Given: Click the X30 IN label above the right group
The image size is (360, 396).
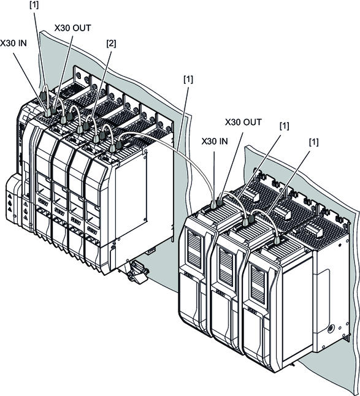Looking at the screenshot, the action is click(x=215, y=142).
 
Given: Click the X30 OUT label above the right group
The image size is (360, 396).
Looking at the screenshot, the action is click(x=243, y=122).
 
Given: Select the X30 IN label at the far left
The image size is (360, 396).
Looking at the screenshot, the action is click(x=13, y=44).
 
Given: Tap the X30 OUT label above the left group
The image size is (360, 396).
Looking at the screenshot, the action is click(x=73, y=28).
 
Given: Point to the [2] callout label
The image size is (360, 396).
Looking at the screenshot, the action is click(x=111, y=44).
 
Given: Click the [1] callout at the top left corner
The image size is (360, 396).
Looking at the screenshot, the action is click(x=34, y=5).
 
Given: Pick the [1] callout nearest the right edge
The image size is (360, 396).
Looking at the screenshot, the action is click(x=313, y=142).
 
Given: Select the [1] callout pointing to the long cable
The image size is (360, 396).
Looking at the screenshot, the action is click(x=188, y=79).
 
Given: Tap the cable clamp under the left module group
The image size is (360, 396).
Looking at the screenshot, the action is click(x=136, y=272).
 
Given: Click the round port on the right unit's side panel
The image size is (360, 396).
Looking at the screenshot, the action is click(x=330, y=329).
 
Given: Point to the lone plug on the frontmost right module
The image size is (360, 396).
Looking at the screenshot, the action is click(x=277, y=240).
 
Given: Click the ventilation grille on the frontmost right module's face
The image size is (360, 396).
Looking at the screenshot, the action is click(x=258, y=281).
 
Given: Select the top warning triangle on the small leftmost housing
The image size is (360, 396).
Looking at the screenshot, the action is click(x=10, y=196).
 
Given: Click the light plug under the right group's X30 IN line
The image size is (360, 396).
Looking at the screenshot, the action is click(x=213, y=205).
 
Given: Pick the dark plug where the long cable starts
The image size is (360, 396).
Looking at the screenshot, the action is click(x=118, y=145).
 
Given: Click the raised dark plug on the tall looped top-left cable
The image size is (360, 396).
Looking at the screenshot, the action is click(x=43, y=96).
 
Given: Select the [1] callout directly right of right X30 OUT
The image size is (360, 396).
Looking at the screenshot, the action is click(x=284, y=126).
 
